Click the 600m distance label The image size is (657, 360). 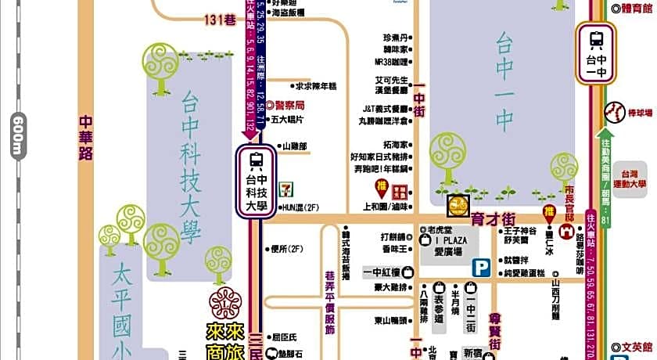click(x=16, y=135)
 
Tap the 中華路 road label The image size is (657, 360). click(x=86, y=139)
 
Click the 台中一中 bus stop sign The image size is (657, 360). click(x=596, y=52)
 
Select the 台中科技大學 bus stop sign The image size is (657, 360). click(x=256, y=182)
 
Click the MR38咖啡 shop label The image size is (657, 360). click(x=391, y=62)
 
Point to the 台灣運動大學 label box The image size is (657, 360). click(x=630, y=179)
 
